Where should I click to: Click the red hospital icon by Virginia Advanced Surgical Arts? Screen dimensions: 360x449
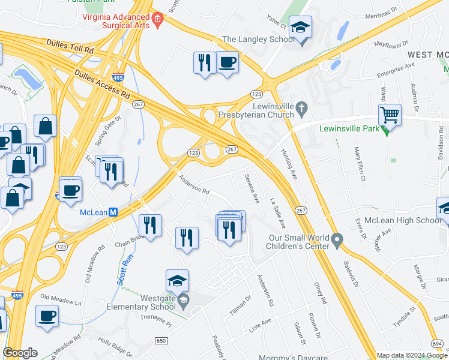coord(158,20)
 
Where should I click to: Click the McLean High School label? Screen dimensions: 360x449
coord(403,220)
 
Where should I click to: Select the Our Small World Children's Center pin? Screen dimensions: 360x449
coord(337,241)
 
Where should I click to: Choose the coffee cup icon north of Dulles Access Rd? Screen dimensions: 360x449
coord(227,62)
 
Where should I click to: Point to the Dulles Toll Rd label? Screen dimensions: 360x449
coord(71,47)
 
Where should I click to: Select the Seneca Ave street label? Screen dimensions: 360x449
coord(252,188)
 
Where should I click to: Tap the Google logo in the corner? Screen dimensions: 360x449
coord(20,353)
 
